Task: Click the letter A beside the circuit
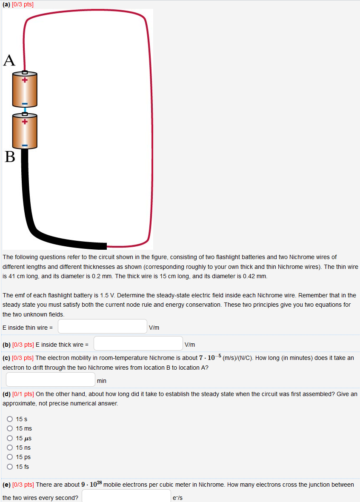[9, 60]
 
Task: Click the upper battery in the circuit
[25, 90]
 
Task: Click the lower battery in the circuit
[25, 132]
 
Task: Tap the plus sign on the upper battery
[25, 80]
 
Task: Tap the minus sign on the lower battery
[25, 145]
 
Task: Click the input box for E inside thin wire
[103, 327]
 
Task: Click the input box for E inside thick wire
[138, 344]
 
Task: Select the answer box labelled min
[51, 379]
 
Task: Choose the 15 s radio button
[9, 419]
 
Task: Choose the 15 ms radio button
[9, 428]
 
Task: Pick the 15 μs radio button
[9, 438]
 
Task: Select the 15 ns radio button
[9, 448]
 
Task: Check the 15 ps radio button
[9, 457]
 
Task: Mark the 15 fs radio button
[9, 467]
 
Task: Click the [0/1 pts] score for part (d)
[23, 394]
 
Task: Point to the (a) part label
[6, 4]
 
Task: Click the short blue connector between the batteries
[25, 110]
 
